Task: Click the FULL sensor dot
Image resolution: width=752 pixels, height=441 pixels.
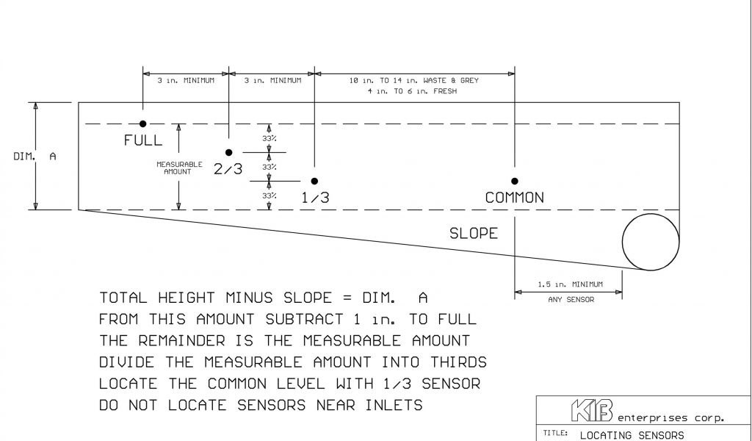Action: click(x=143, y=123)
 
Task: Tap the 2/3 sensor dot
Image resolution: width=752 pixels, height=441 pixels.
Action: click(x=229, y=153)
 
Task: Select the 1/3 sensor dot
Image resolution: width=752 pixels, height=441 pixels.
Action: click(x=314, y=181)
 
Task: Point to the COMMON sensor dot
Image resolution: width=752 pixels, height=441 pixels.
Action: click(x=515, y=181)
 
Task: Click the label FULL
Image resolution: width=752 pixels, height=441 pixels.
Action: click(x=143, y=140)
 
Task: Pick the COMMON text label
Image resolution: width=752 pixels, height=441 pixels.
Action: click(x=515, y=198)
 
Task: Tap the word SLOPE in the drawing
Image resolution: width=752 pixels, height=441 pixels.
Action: click(x=474, y=234)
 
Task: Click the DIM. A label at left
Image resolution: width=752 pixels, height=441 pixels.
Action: click(x=35, y=156)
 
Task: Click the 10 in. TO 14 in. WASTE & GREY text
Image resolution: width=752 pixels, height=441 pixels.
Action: click(x=415, y=80)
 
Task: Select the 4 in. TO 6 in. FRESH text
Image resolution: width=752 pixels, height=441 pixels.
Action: click(x=415, y=91)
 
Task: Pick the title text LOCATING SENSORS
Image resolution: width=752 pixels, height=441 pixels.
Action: click(x=632, y=434)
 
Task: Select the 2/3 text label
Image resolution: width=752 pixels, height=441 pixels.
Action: click(x=228, y=169)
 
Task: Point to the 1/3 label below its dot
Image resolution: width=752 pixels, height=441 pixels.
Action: click(x=315, y=198)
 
